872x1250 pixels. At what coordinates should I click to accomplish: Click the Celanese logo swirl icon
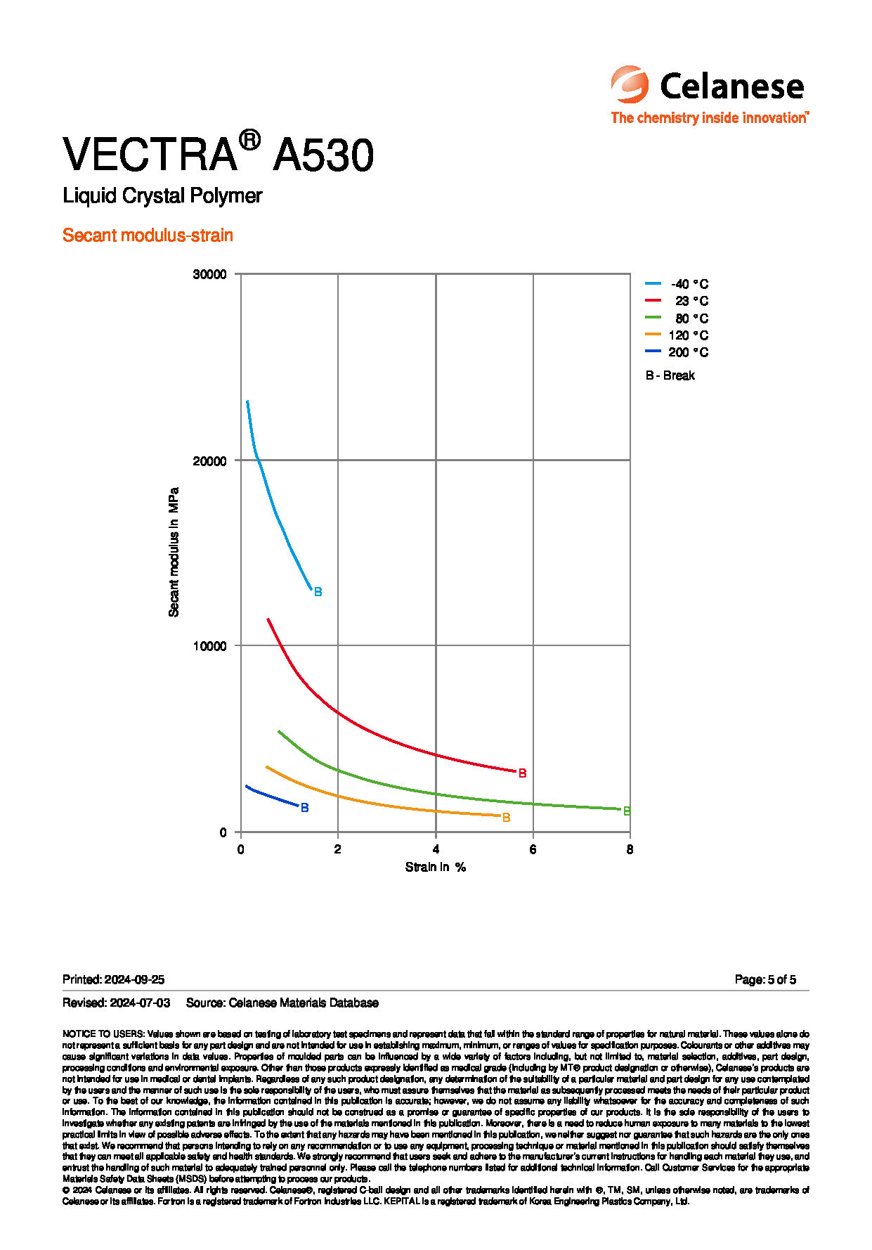coord(629,84)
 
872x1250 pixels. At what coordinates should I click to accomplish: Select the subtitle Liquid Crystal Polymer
coord(162,195)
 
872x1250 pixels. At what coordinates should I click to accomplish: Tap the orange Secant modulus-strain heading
coord(148,235)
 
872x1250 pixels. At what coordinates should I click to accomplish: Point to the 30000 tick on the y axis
coord(209,274)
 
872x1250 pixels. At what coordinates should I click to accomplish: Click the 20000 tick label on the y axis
coord(209,460)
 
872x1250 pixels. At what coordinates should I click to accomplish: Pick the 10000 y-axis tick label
coord(209,646)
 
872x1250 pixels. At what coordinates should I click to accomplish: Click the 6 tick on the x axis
coord(533,849)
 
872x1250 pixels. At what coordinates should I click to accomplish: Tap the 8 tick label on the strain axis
coord(630,849)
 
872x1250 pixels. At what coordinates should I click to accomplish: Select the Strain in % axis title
coord(436,867)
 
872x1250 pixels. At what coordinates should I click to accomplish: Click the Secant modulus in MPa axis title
coord(174,552)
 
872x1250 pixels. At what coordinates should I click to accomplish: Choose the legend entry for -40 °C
coord(677,284)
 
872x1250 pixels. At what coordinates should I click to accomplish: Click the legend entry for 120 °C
coord(677,335)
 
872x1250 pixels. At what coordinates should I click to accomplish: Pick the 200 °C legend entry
coord(677,352)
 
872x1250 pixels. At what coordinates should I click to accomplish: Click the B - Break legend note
coord(670,375)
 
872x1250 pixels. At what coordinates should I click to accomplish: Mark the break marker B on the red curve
coord(522,773)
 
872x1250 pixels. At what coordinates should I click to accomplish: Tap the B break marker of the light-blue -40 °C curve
coord(318,592)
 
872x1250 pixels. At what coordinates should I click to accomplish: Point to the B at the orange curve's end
coord(506,818)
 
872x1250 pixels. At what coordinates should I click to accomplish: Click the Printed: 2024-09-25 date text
coord(113,979)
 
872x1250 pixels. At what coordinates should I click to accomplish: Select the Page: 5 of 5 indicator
coord(765,979)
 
